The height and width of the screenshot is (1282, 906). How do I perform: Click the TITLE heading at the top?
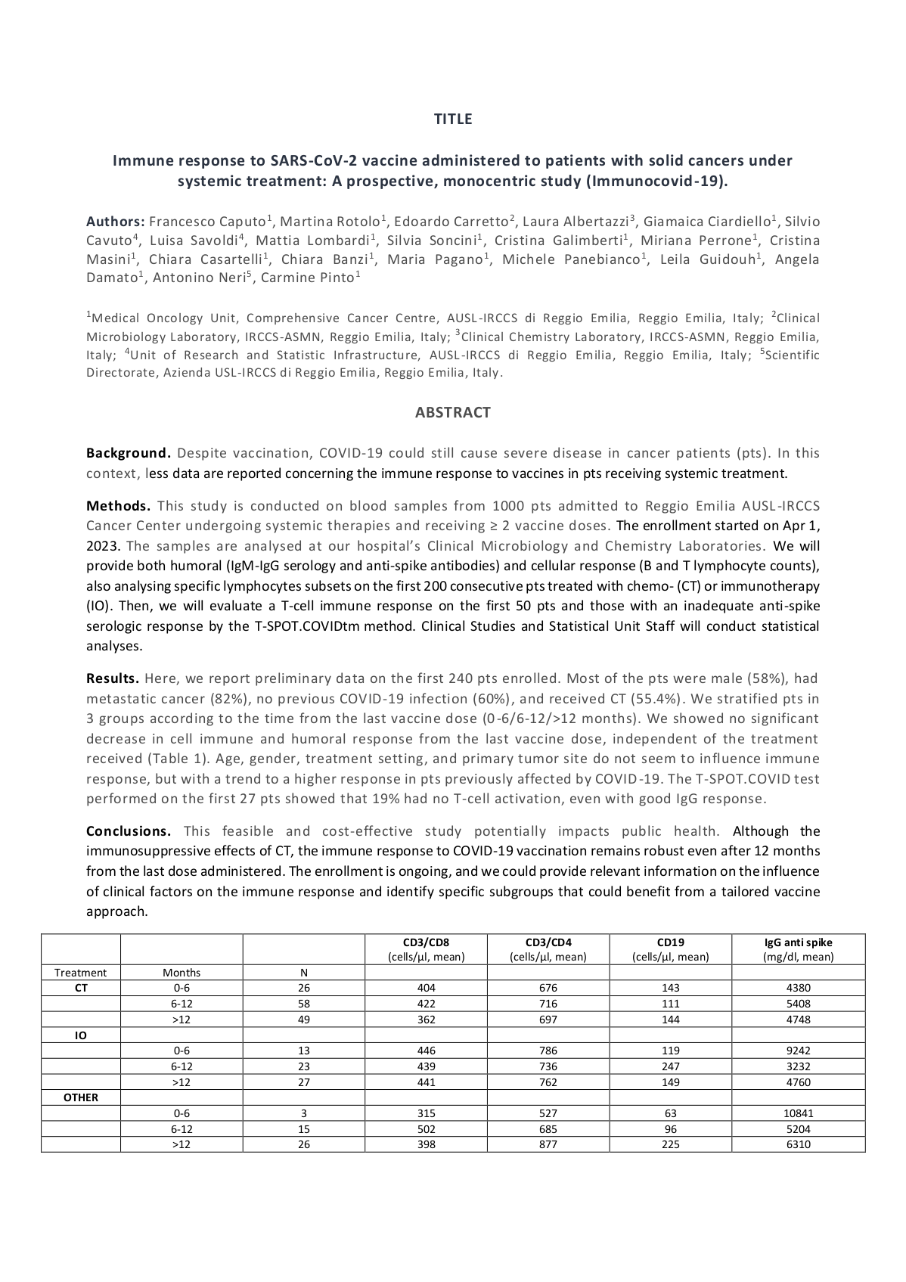pos(452,119)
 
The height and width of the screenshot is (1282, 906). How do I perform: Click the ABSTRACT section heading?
pos(452,412)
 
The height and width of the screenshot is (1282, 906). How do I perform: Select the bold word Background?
pos(128,453)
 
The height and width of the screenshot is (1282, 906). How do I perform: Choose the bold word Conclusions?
pos(129,831)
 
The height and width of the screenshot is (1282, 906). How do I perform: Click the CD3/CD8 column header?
pos(426,942)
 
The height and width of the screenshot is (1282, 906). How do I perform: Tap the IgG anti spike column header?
pos(798,942)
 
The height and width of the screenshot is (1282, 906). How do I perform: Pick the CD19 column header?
pos(670,942)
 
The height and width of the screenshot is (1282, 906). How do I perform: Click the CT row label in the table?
pos(81,988)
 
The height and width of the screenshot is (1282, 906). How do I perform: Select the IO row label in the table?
pos(81,1035)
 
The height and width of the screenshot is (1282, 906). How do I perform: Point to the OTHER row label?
pos(81,1097)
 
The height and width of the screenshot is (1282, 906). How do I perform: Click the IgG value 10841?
pos(798,1113)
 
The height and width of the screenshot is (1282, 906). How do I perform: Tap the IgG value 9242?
pos(798,1051)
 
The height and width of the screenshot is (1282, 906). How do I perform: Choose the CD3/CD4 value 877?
pos(548,1144)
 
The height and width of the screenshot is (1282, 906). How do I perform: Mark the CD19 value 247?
pos(670,1066)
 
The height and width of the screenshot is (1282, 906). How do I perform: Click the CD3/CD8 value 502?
pos(426,1129)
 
